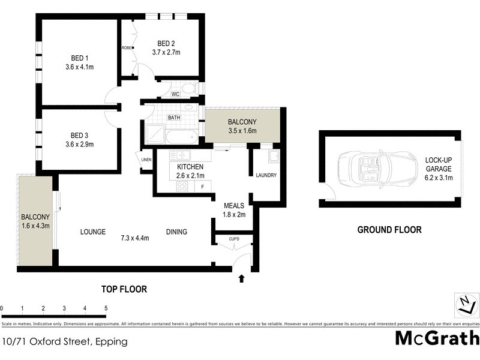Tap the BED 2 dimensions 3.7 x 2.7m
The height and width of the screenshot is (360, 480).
(x=166, y=53)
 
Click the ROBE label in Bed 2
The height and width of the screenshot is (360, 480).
(x=127, y=48)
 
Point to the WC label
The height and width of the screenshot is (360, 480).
(x=175, y=94)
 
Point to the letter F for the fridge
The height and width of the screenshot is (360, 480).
(x=202, y=187)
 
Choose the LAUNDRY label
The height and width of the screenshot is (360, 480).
(x=265, y=175)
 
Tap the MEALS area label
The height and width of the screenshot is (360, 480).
(x=233, y=205)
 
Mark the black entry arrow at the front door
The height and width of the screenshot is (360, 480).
(x=241, y=278)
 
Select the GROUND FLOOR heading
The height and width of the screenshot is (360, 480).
(x=389, y=229)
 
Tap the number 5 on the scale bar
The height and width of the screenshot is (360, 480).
(x=106, y=308)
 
